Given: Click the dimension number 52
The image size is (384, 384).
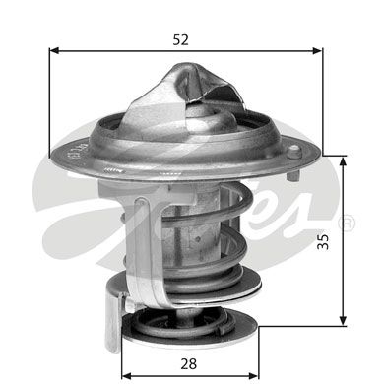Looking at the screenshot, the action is [x=181, y=40].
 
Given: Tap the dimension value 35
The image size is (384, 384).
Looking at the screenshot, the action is [x=323, y=242].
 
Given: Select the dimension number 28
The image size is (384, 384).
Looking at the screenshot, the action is [x=189, y=363].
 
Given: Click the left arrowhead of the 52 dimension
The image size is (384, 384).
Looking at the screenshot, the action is [x=54, y=50].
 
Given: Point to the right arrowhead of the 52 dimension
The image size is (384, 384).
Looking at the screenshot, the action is [x=317, y=50].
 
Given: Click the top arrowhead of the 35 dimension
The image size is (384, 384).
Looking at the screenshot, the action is [x=343, y=161].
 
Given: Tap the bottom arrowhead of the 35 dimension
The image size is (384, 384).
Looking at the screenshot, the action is [x=343, y=321].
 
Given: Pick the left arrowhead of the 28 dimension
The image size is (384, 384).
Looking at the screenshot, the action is [x=127, y=375].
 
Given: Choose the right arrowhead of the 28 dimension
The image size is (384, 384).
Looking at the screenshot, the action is [x=254, y=375].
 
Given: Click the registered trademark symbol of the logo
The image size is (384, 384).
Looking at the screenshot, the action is [x=347, y=222].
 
